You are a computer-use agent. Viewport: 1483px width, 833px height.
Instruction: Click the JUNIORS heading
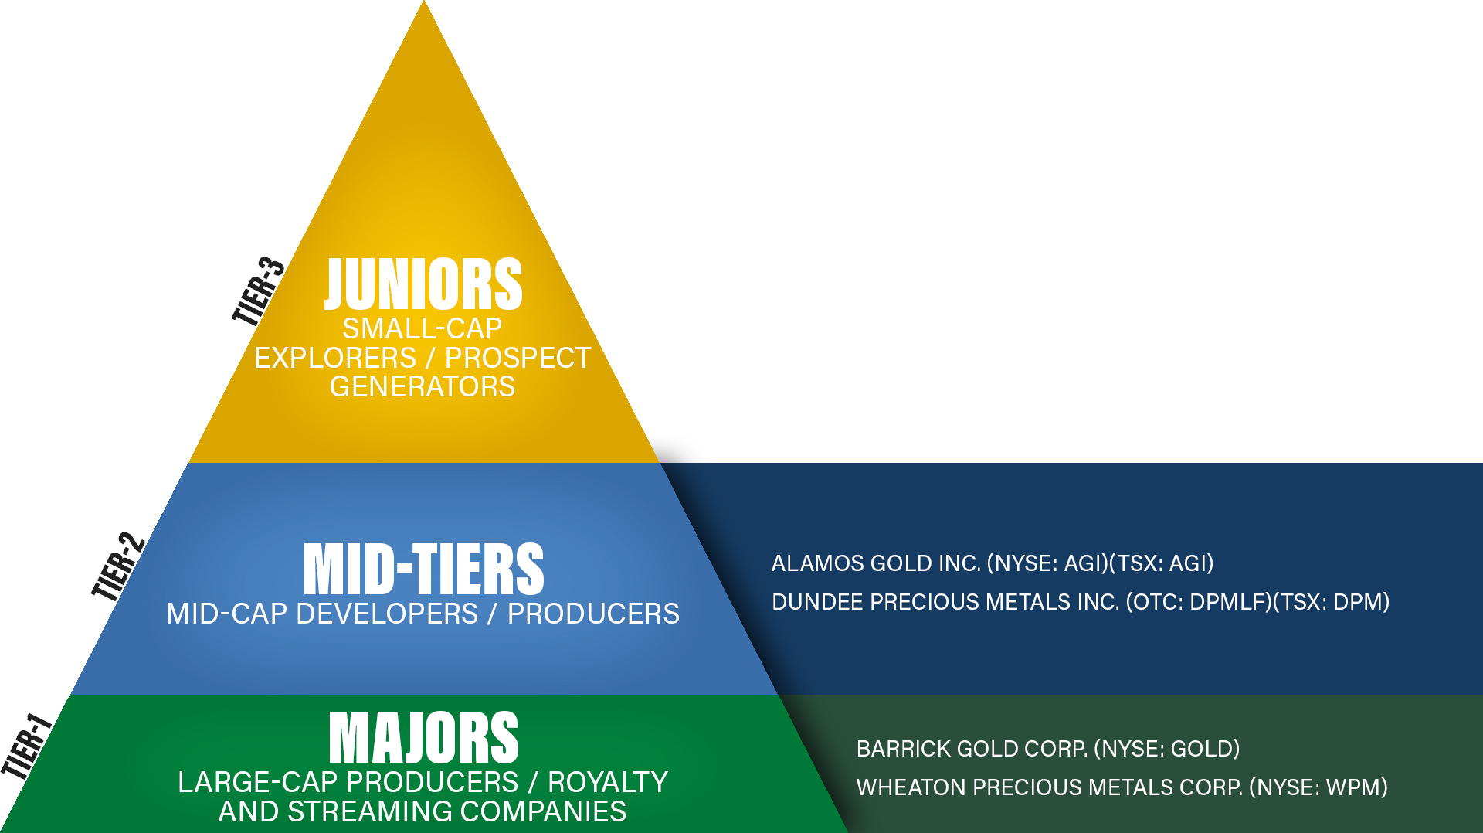(x=423, y=284)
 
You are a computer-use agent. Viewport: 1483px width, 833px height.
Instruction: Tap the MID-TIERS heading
(x=423, y=569)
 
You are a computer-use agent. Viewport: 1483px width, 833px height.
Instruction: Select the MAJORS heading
(x=423, y=738)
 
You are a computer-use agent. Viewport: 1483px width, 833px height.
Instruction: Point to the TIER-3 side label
(x=259, y=291)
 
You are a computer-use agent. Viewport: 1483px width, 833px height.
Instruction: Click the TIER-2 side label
(x=118, y=566)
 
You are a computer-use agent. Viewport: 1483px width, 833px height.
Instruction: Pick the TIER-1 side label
(x=26, y=746)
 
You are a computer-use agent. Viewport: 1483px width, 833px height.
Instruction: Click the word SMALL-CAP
(x=423, y=329)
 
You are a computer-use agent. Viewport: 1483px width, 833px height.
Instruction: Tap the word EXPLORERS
(x=335, y=359)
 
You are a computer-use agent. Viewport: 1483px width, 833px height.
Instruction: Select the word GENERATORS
(x=423, y=386)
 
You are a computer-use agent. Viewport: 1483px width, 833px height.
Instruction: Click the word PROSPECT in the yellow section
(x=518, y=359)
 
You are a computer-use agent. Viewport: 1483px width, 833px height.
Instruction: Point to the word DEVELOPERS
(x=387, y=614)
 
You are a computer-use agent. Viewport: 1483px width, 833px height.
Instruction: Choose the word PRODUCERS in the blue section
(x=593, y=614)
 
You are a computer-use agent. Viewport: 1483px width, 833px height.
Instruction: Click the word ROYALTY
(x=608, y=783)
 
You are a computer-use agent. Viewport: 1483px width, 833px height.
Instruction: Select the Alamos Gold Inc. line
(x=993, y=563)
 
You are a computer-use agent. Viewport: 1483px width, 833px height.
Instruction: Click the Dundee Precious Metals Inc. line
(x=1081, y=602)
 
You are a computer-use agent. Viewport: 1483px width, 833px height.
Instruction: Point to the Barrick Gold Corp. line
(x=1048, y=749)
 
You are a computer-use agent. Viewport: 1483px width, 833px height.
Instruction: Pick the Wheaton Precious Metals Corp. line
(x=1122, y=787)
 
